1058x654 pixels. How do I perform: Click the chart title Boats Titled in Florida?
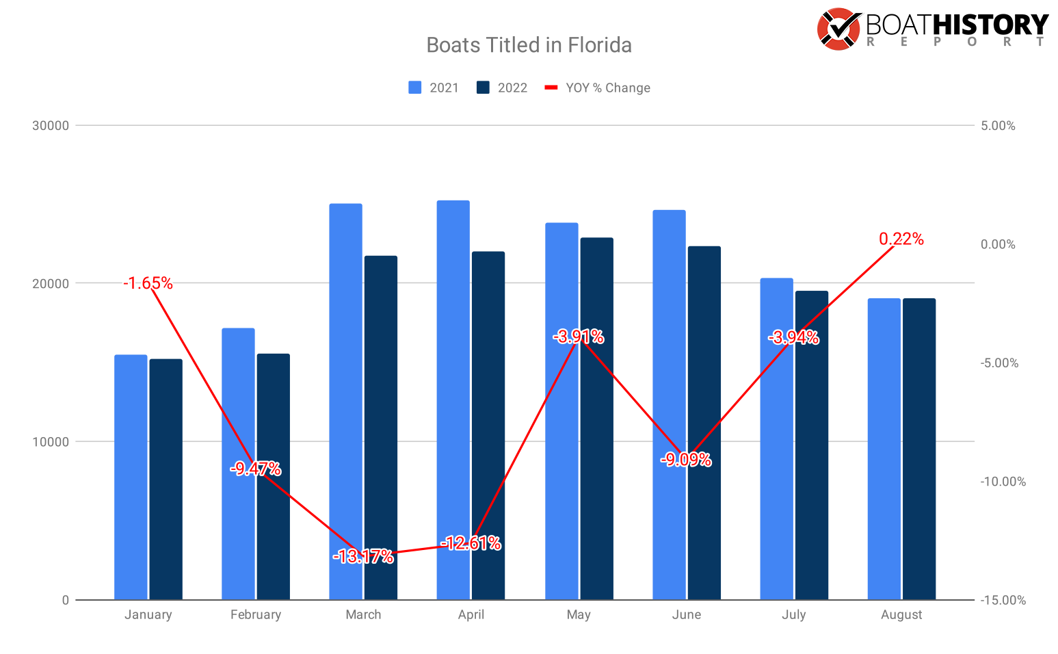pos(529,45)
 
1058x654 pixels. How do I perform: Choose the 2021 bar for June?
pos(669,404)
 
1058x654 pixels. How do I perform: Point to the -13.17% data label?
pos(363,557)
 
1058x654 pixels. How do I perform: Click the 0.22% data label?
pos(901,239)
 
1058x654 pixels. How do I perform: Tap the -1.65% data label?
pos(148,283)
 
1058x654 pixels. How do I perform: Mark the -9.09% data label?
pos(686,460)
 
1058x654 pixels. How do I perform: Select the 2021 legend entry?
pos(434,88)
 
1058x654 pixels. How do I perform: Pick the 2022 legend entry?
pos(503,88)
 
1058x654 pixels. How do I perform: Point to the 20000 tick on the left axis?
pos(51,284)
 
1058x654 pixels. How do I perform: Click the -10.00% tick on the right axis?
pos(1003,482)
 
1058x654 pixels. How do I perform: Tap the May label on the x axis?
pos(579,614)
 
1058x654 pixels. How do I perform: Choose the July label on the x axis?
pos(794,614)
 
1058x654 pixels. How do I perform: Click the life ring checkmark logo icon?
pos(838,29)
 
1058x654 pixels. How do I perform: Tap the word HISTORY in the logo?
pos(990,25)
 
